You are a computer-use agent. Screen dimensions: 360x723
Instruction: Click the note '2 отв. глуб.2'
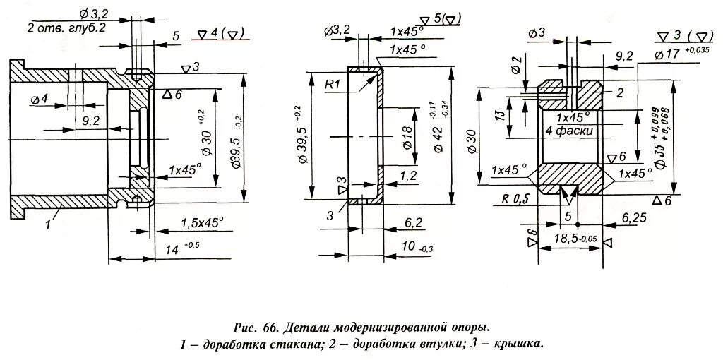66,28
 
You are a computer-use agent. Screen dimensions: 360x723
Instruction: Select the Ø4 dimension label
40,100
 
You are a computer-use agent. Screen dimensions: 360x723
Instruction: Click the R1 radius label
334,85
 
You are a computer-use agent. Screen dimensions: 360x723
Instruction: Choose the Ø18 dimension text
407,138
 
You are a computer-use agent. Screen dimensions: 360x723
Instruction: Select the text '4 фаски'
568,131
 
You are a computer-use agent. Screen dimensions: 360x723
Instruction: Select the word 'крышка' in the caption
517,344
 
